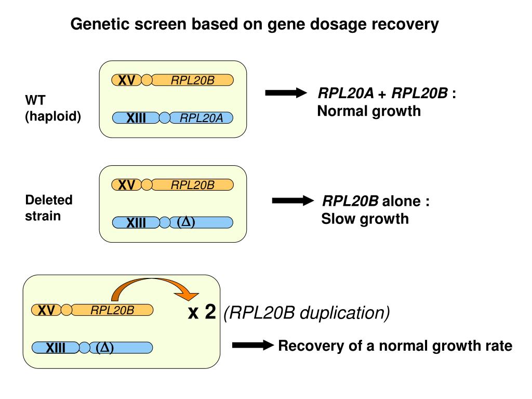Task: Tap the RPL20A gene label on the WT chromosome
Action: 201,118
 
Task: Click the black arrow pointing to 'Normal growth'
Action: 286,92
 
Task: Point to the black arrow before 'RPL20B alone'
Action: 293,201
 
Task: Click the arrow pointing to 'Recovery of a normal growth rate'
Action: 253,345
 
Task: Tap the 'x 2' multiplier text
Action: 202,312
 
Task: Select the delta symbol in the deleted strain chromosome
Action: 186,222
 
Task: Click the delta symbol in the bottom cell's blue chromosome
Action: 104,348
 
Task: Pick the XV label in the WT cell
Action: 127,81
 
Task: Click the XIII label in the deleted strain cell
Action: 136,223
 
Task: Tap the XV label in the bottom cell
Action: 46,310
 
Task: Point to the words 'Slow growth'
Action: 365,219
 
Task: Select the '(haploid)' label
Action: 53,116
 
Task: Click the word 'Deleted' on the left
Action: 49,200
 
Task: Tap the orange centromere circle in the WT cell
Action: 147,80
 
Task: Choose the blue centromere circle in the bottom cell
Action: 85,348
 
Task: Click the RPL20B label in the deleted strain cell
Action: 192,185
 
